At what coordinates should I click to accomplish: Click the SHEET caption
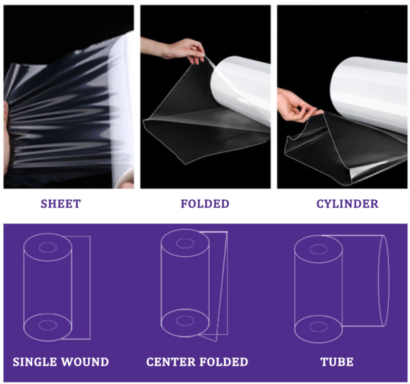click(x=61, y=204)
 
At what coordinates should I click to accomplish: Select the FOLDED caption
click(x=205, y=204)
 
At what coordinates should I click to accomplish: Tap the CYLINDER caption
click(x=347, y=204)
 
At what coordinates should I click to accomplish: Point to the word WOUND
click(x=86, y=361)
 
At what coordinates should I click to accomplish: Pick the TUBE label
click(x=336, y=361)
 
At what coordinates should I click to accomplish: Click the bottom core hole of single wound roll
click(x=48, y=325)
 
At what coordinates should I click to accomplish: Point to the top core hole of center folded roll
click(x=184, y=242)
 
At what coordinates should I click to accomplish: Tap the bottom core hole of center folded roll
click(x=184, y=321)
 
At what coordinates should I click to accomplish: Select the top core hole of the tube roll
click(x=318, y=247)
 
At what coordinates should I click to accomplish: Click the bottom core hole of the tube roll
click(x=318, y=326)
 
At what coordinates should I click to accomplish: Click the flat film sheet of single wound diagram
click(x=81, y=287)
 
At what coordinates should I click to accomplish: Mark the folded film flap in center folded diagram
click(x=217, y=287)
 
